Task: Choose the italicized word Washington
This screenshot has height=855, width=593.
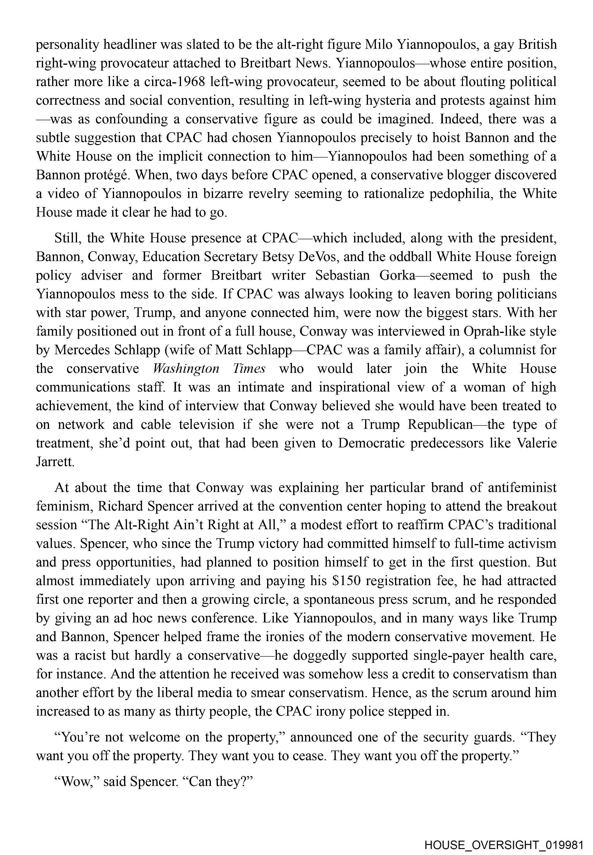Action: tap(186, 368)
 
